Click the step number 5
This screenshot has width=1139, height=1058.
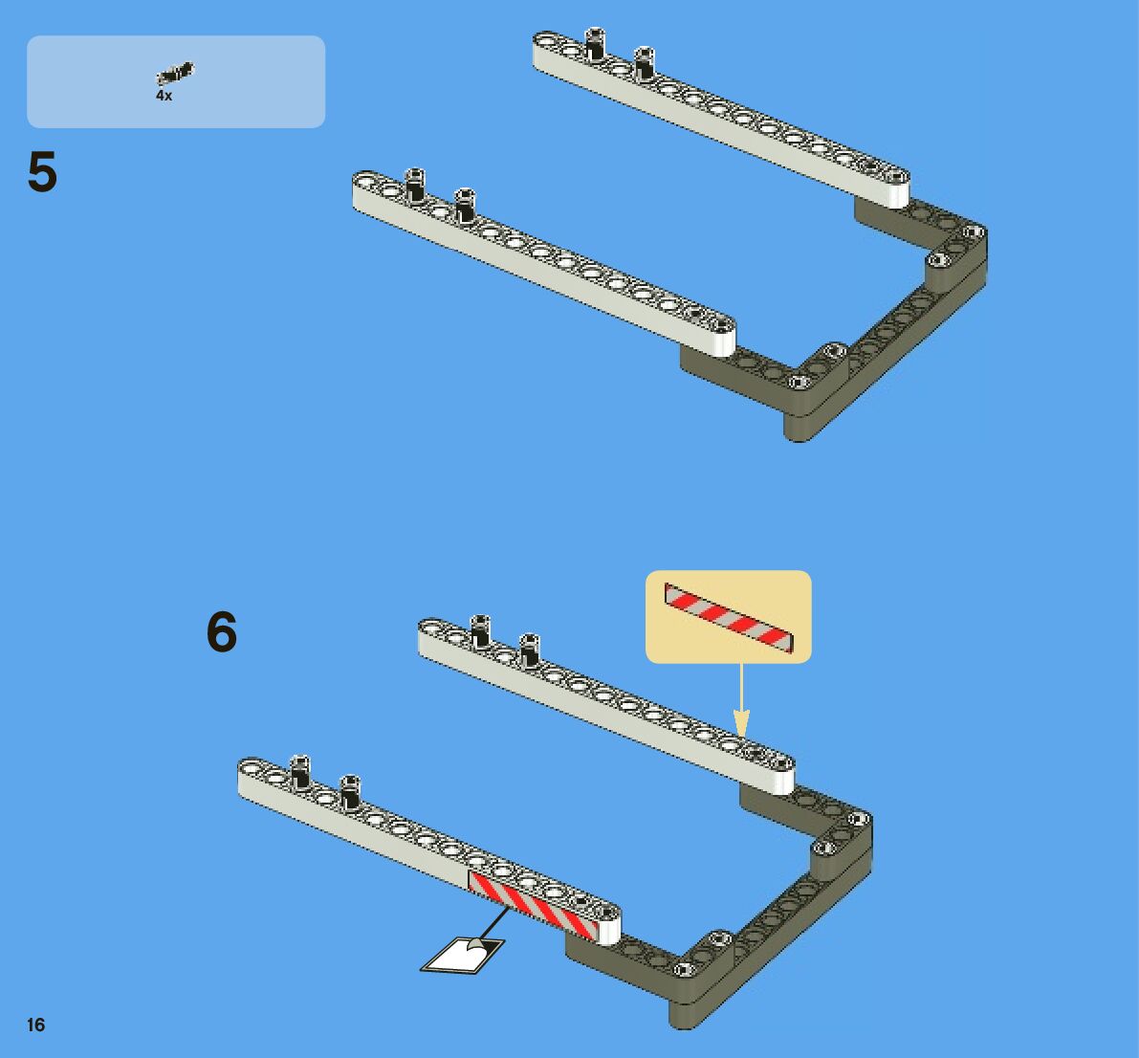[x=42, y=173]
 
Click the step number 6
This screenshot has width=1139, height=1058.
[x=222, y=633]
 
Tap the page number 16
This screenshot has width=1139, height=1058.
[x=36, y=1025]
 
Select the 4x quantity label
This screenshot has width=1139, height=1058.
[x=164, y=97]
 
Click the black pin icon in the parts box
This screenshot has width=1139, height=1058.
[x=175, y=73]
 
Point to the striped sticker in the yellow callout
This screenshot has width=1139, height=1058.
[x=729, y=617]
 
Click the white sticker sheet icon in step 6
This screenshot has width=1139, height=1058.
[x=463, y=954]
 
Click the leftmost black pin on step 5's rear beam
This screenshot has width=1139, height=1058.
[x=595, y=45]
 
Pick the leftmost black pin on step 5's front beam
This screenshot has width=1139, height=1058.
[x=415, y=184]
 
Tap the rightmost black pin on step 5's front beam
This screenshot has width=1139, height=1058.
[x=465, y=203]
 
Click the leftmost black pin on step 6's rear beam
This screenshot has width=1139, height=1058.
[x=480, y=630]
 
